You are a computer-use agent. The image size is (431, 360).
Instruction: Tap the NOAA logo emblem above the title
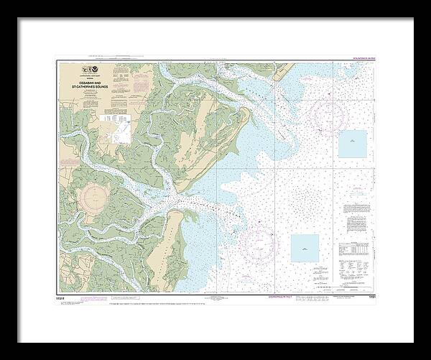91,70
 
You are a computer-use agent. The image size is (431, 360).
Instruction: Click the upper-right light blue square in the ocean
351,144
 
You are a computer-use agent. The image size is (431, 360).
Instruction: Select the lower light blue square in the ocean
305,247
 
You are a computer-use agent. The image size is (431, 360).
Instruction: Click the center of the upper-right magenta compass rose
328,113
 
